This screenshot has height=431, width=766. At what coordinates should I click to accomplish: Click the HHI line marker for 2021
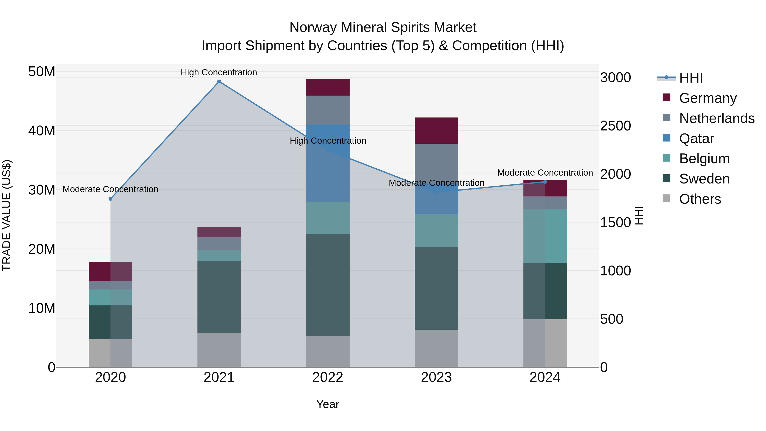coord(219,82)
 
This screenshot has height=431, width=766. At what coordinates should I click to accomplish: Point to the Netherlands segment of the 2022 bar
coord(327,110)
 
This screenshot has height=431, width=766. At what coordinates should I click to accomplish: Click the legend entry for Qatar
coord(696,138)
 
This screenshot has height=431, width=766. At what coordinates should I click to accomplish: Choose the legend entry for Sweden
coord(704,179)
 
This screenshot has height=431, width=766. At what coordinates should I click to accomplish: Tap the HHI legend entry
coord(690,78)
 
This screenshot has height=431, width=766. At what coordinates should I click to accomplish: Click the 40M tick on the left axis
coord(42,131)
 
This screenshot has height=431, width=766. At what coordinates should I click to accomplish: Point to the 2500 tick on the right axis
coord(615,126)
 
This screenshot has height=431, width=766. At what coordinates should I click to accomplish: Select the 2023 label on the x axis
coord(436,377)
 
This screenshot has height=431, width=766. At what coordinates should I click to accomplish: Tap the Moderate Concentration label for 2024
coord(545,173)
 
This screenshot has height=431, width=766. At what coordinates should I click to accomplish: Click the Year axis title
coord(327,404)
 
